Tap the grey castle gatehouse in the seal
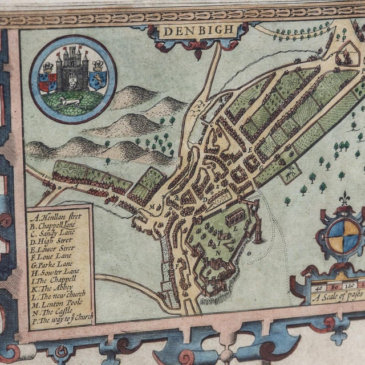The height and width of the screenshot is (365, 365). pos(73,69)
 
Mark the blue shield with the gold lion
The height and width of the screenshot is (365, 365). pos(98,80)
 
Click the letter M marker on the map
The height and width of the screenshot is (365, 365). pos(152,206)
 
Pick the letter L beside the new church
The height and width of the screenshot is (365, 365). pos(235,228)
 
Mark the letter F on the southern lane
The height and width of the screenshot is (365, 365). pos(179,266)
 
